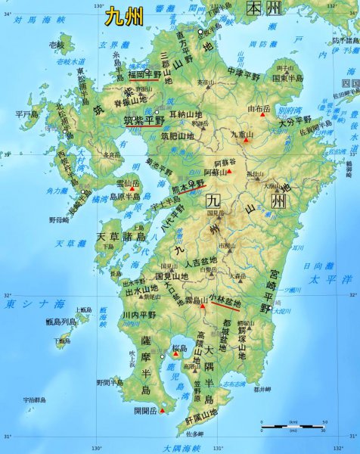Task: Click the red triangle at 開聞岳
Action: click(x=160, y=412)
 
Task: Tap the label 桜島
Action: click(x=179, y=349)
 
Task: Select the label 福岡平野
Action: click(x=150, y=74)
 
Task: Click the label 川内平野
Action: click(x=138, y=313)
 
